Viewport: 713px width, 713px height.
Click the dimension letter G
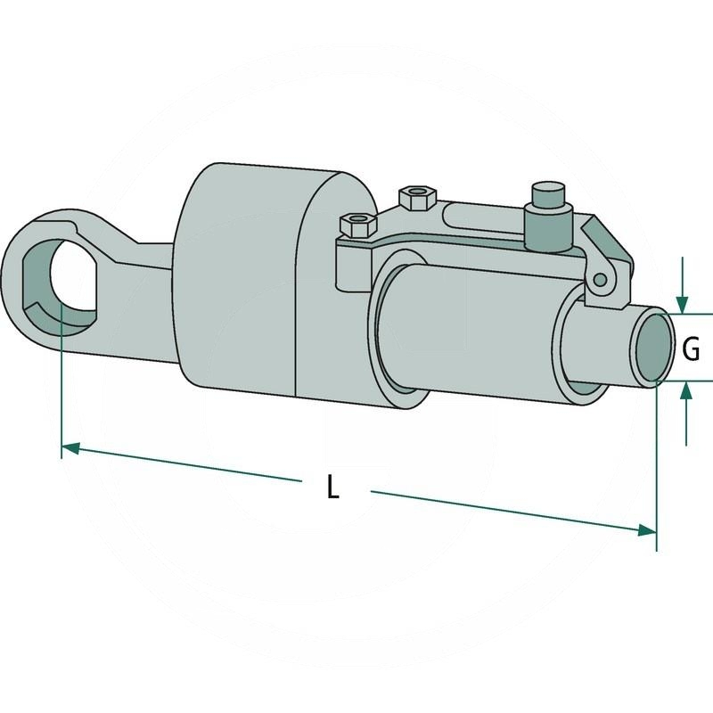tap(692, 349)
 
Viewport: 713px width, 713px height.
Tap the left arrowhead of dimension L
tap(70, 448)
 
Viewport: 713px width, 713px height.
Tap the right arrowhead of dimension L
tap(647, 529)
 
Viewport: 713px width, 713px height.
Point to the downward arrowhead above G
tap(682, 305)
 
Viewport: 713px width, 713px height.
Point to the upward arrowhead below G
tap(686, 390)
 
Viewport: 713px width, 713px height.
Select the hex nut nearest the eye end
tap(358, 225)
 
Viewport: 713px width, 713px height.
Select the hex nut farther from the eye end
tap(417, 197)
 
